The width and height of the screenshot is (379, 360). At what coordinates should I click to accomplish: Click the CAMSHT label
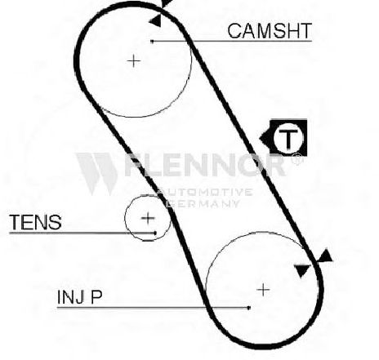point(270,31)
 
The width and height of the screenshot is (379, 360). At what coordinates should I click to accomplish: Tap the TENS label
point(35,222)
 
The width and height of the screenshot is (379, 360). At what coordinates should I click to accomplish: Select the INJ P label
point(79,297)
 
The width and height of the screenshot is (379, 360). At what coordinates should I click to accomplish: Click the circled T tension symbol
point(288,138)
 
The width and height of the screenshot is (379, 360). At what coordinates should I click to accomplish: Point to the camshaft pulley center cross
point(134,60)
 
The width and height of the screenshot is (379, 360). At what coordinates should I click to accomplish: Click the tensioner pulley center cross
point(148,218)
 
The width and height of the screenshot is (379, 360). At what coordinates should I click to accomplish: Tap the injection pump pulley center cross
point(263,290)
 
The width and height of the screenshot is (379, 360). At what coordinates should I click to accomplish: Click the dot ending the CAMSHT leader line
point(152,42)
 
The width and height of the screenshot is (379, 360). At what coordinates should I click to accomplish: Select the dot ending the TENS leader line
point(155,233)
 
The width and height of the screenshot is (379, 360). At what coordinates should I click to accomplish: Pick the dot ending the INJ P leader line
point(249,308)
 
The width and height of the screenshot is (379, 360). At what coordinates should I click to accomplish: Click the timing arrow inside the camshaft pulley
point(155,20)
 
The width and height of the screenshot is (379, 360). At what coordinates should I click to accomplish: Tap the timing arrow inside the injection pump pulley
point(302,270)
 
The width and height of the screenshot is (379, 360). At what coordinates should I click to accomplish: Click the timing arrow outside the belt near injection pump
point(325,256)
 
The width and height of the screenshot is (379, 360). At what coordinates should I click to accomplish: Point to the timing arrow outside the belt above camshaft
point(167,2)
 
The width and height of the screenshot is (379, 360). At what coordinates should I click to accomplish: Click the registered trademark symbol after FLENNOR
point(297,158)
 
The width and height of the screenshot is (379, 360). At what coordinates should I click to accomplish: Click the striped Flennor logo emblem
point(96,174)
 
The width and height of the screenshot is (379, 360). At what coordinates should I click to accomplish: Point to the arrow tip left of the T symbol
point(260,139)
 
